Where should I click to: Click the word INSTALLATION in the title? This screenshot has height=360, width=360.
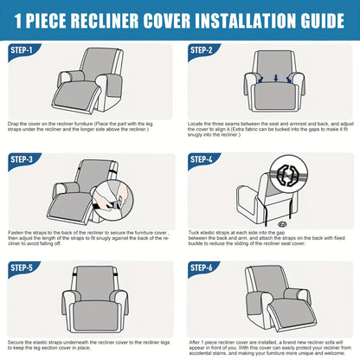click(233, 18)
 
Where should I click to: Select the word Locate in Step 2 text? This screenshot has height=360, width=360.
click(198, 125)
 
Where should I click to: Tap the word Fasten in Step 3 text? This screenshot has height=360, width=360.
click(17, 233)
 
